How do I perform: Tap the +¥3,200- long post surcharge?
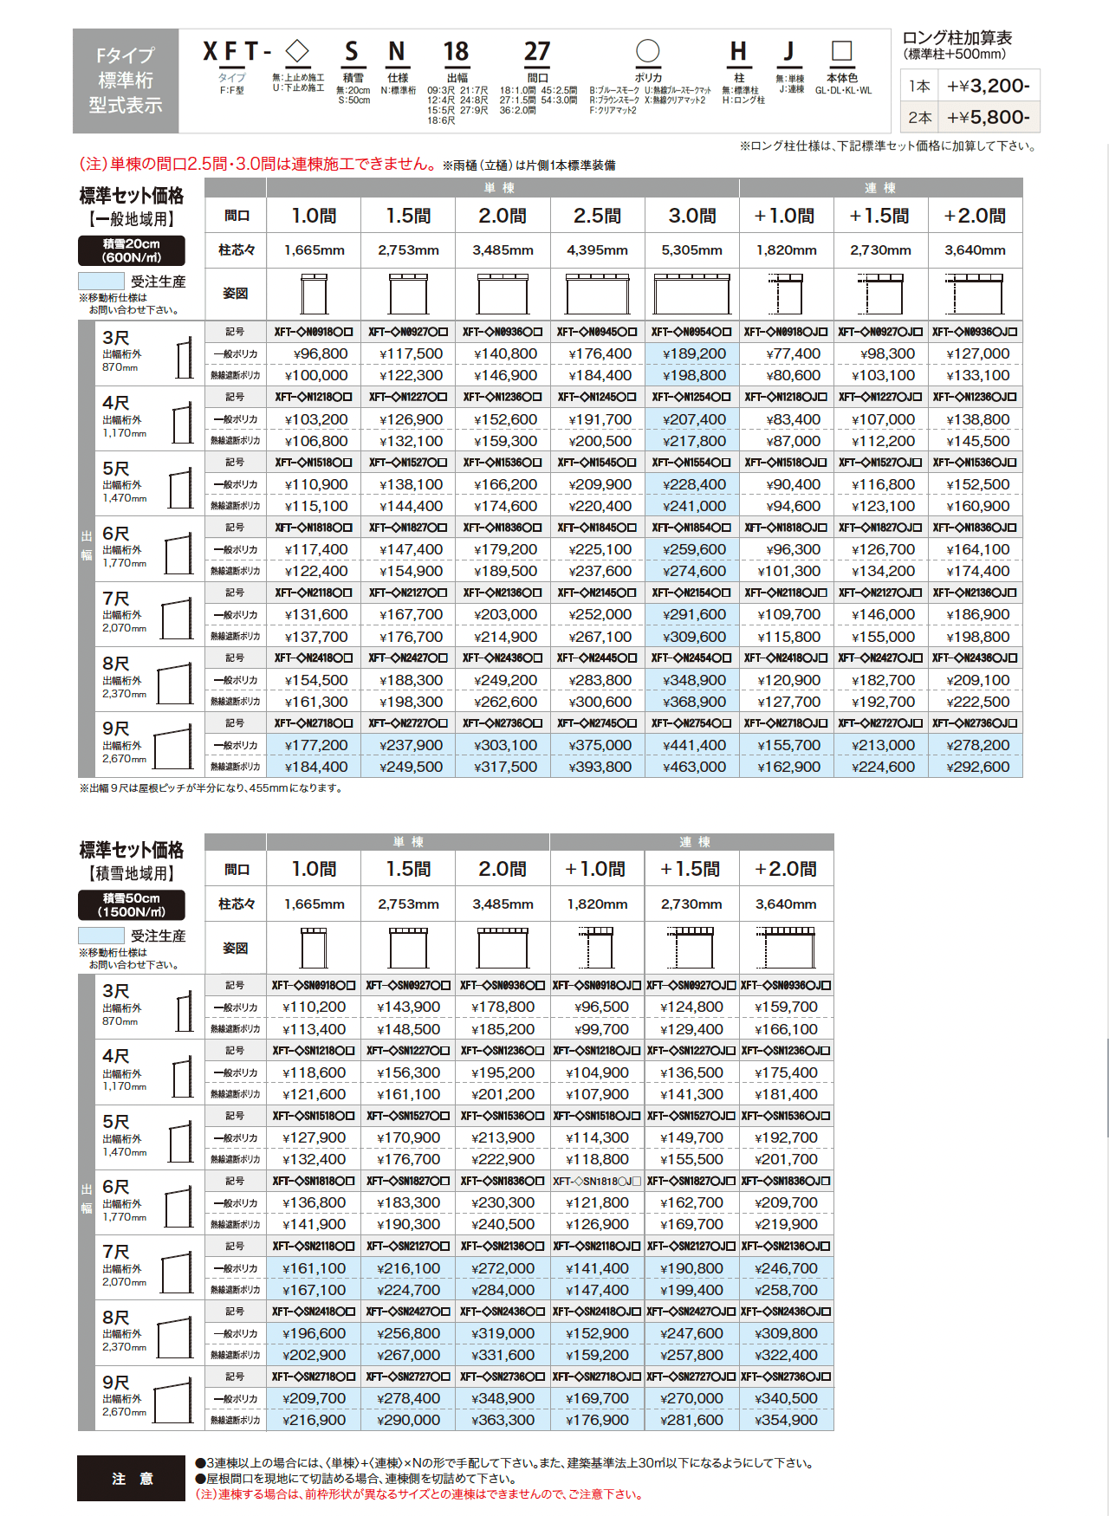pos(988,86)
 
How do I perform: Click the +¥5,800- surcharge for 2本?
pos(988,117)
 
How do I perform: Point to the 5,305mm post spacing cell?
pos(692,250)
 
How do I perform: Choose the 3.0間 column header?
pos(692,216)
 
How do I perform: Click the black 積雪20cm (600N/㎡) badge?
pos(132,250)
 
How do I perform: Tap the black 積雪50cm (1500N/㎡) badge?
pos(132,905)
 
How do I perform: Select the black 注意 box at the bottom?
pos(132,1478)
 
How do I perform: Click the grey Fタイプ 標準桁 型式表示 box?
pos(126,81)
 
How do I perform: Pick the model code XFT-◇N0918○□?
pos(314,332)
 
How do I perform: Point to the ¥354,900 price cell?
pos(786,1420)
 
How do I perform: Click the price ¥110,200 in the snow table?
pos(314,1007)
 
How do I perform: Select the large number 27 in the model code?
pos(537,53)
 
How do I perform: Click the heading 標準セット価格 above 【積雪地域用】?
pos(132,850)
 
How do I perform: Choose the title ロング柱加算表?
pos(957,38)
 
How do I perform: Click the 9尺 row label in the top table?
pos(116,729)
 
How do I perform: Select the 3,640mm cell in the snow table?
pos(786,904)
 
